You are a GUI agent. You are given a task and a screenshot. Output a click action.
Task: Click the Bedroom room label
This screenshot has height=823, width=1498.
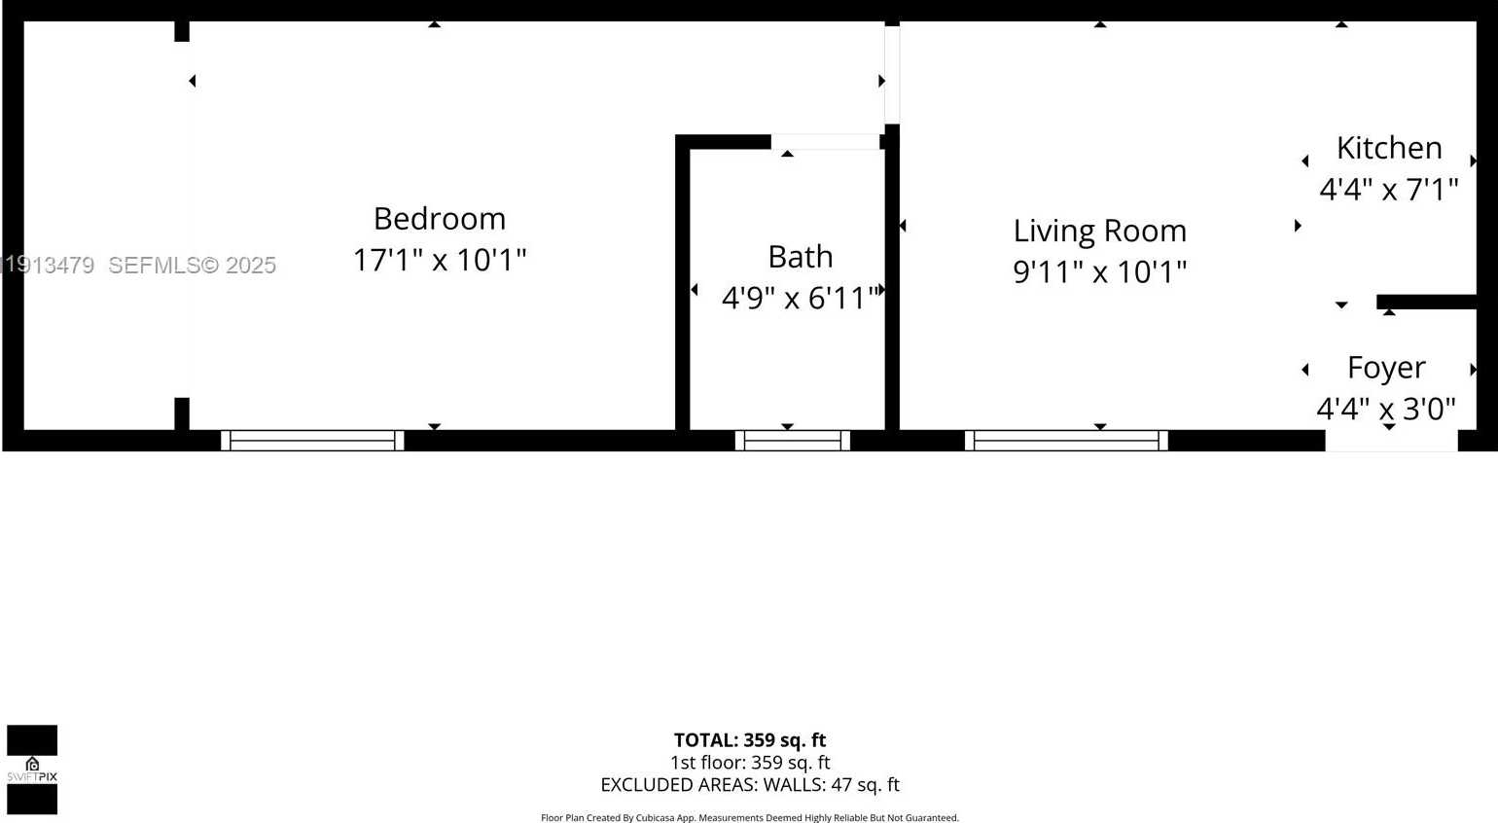(439, 218)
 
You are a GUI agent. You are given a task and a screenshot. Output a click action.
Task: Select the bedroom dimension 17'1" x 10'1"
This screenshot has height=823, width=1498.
(439, 260)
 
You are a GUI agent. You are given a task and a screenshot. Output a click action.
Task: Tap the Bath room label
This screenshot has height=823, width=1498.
(800, 256)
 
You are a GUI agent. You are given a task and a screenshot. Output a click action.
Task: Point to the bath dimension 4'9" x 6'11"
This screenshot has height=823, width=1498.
(800, 298)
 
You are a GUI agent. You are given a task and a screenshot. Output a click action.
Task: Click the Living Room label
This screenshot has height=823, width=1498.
(1099, 231)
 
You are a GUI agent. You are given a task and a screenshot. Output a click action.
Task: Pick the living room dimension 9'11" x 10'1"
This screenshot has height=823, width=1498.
(1099, 271)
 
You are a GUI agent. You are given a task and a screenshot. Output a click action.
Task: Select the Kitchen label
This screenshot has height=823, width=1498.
(1388, 148)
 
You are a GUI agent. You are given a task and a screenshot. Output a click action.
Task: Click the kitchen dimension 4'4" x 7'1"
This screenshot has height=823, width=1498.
(1388, 189)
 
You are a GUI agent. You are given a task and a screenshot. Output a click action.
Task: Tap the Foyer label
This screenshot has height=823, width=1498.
(1385, 368)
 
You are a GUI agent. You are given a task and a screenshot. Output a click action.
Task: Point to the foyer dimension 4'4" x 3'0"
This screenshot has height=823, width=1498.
(1385, 409)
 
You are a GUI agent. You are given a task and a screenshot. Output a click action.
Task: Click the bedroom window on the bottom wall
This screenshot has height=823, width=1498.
(312, 441)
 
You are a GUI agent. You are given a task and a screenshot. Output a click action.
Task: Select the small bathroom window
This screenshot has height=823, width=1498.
(792, 441)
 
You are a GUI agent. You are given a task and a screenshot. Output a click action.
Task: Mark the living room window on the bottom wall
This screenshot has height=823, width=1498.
(1066, 441)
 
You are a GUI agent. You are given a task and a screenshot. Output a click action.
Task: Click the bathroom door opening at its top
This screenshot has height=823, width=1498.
(825, 142)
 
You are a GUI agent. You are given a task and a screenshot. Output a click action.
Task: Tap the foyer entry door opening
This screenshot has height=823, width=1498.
(1391, 442)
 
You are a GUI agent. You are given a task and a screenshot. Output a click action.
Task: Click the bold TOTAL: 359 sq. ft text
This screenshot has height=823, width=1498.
(749, 740)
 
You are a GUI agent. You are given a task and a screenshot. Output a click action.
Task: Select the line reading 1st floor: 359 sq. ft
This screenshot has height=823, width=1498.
(749, 763)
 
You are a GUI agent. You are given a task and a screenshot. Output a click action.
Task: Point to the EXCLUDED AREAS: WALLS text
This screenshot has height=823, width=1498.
(749, 785)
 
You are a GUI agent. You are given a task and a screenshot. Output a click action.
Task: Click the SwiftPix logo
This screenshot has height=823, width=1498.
(32, 769)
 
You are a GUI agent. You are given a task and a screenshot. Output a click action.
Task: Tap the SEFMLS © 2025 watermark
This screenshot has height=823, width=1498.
(192, 265)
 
